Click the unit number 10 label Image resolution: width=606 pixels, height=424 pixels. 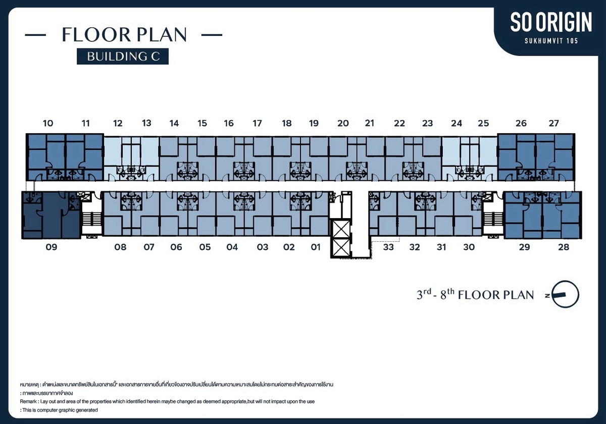point(48,123)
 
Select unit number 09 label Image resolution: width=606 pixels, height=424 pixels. point(52,247)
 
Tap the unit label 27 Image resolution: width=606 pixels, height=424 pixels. point(553,123)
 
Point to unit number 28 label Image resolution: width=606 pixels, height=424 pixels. point(564,247)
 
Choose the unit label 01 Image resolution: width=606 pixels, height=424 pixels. point(316,247)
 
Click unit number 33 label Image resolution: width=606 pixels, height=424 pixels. point(388,247)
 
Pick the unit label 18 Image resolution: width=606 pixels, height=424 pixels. point(287,123)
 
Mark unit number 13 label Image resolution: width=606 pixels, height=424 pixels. point(146,123)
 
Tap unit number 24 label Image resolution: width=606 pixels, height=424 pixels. point(457,123)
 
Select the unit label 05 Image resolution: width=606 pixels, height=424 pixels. point(205,247)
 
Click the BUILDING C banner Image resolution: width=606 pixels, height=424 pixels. point(123,56)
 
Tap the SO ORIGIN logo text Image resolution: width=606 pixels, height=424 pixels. point(551,22)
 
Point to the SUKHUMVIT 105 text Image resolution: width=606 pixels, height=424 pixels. point(551,41)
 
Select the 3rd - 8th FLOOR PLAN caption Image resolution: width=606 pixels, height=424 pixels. point(475,294)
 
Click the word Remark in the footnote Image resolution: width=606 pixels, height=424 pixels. point(28,402)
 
